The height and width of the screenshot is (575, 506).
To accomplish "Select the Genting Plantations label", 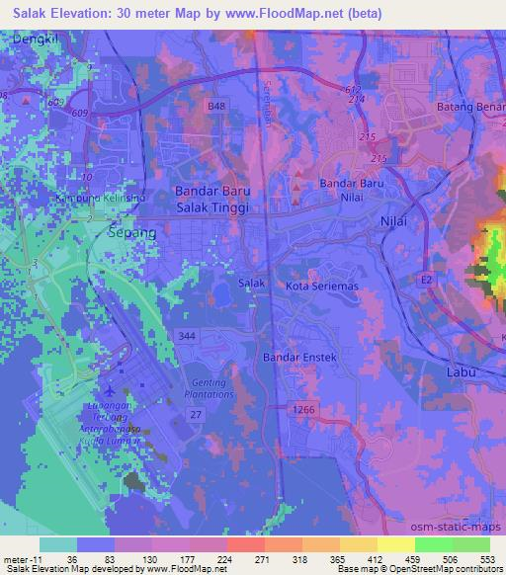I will (x=207, y=388).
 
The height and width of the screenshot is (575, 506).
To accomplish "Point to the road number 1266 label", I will (x=304, y=407).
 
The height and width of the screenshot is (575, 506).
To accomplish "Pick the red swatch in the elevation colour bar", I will (x=243, y=544).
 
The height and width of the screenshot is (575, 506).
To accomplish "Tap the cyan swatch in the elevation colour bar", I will (x=58, y=544).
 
